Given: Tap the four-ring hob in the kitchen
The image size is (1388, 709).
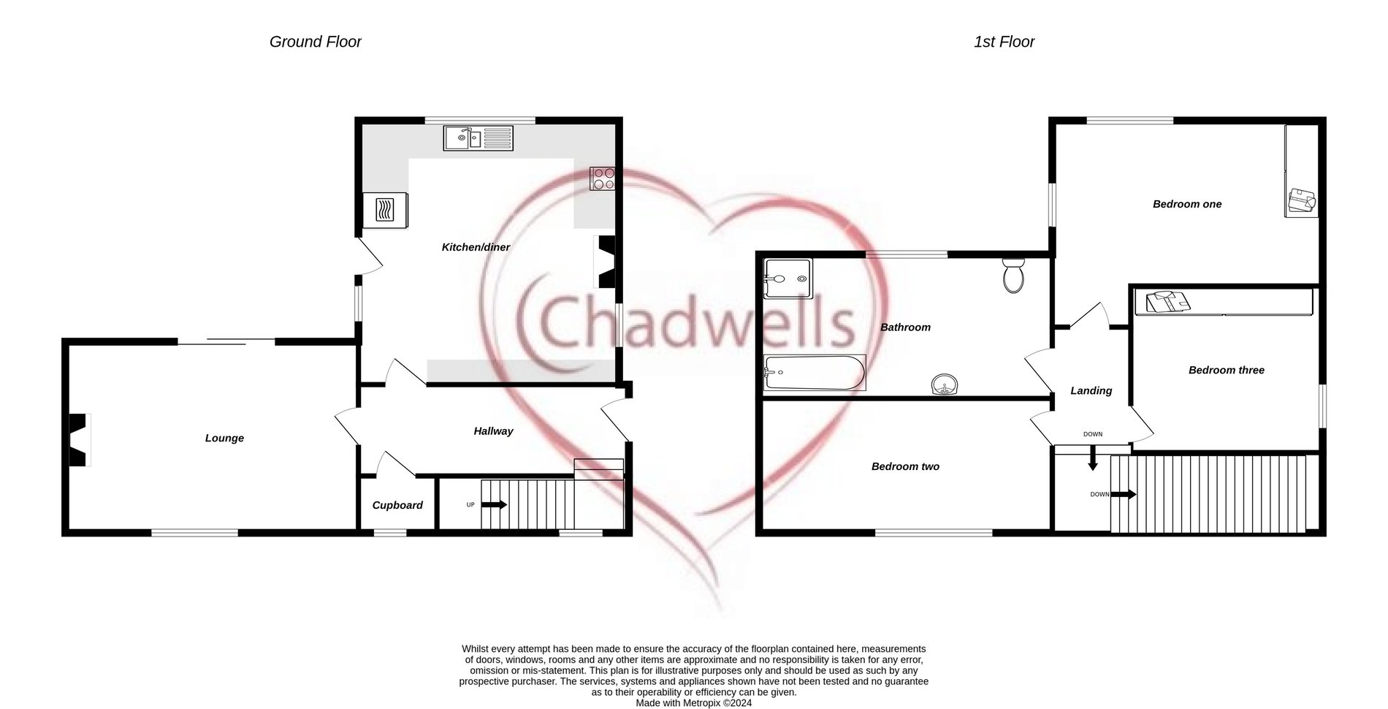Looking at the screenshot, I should pyautogui.click(x=603, y=178).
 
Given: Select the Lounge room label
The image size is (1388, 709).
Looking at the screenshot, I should pyautogui.click(x=224, y=439).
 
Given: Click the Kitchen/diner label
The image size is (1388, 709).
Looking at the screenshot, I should pyautogui.click(x=476, y=248).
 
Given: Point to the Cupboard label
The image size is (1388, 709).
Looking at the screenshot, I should pyautogui.click(x=397, y=506).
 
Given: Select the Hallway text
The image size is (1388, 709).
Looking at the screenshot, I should pyautogui.click(x=493, y=431).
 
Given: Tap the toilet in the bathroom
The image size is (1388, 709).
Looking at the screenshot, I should pyautogui.click(x=1013, y=275).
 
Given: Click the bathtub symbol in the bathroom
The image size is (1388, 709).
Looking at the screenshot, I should pyautogui.click(x=815, y=373).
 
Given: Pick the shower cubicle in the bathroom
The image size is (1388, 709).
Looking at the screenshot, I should pyautogui.click(x=787, y=278).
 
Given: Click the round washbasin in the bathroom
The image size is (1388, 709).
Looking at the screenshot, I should pyautogui.click(x=945, y=384).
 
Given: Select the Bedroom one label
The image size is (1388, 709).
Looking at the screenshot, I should pyautogui.click(x=1187, y=205).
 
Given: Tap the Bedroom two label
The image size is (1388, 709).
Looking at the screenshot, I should pyautogui.click(x=905, y=467).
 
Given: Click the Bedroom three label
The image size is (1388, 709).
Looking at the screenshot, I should pyautogui.click(x=1226, y=371).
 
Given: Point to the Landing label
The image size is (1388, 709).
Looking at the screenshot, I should pyautogui.click(x=1091, y=391).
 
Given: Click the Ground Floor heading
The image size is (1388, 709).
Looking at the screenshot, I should pyautogui.click(x=316, y=42).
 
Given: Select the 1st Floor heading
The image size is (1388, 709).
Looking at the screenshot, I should pyautogui.click(x=1004, y=42).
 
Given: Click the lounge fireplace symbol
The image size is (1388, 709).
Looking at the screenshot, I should pyautogui.click(x=78, y=439).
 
